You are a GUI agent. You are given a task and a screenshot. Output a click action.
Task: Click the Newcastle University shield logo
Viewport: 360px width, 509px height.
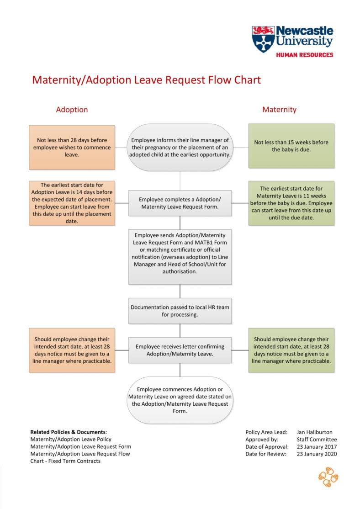coord(263,39)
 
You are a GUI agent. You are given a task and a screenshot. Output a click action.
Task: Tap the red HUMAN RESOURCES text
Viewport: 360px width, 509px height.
coord(304,55)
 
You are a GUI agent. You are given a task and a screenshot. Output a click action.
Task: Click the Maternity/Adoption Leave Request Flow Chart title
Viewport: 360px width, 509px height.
coord(146,80)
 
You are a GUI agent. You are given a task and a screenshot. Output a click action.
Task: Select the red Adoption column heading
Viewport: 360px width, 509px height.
coord(72,110)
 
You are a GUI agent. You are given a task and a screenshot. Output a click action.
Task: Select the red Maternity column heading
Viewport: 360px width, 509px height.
coord(279,110)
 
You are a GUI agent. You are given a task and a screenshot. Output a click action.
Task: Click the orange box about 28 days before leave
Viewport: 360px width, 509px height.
coord(72,147)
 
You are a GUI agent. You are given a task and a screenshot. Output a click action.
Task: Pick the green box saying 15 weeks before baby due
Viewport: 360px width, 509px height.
coord(291,146)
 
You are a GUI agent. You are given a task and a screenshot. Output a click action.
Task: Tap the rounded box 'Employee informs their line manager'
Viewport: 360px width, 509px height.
coord(180,147)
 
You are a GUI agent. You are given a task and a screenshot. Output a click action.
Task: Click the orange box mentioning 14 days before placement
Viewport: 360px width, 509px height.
coord(72,203)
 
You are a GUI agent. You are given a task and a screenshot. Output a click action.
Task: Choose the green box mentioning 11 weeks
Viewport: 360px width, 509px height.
coord(291,203)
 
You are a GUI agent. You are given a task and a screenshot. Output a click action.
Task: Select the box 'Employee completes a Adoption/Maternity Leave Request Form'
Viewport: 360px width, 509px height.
coord(180,203)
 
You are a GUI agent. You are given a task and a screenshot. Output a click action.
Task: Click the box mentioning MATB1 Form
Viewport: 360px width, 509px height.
coord(180,256)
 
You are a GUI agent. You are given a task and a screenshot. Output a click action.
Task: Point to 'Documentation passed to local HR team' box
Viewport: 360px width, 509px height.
coord(180,311)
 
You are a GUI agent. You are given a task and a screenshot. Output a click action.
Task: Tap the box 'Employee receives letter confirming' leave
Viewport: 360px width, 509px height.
coord(180,350)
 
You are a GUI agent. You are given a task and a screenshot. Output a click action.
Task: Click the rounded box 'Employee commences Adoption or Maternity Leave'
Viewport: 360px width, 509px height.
coord(180,400)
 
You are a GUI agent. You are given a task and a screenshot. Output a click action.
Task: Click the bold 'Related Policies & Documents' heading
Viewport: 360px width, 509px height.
coord(68,432)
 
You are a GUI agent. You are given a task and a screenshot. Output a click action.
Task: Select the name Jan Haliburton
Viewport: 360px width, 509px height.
coord(314,432)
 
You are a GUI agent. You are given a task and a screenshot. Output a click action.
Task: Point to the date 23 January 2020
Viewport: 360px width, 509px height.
coord(316,454)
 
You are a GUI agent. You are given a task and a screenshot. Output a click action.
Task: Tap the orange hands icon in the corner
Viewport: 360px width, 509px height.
coord(328,477)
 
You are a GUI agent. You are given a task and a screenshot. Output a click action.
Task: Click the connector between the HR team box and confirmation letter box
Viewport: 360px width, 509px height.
coord(180,330)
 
